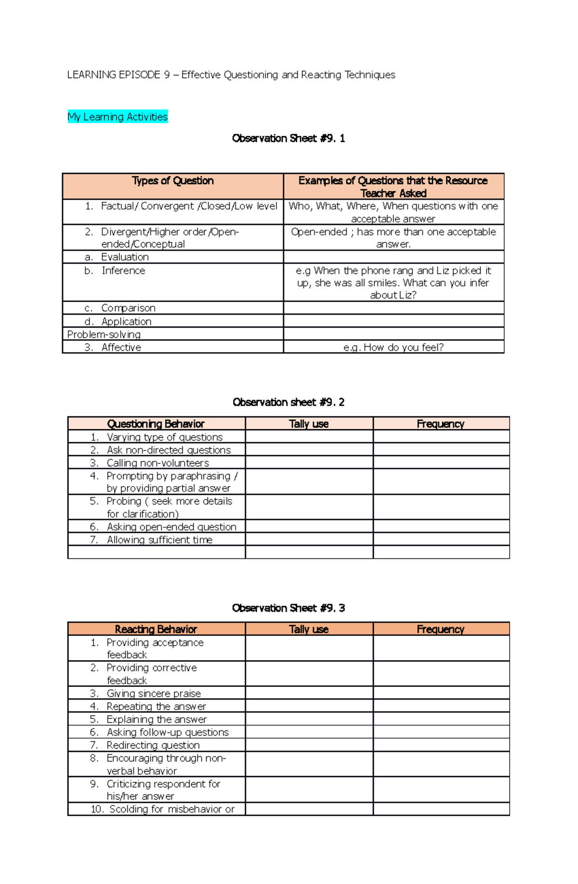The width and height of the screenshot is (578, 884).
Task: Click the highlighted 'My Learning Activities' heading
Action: tap(118, 117)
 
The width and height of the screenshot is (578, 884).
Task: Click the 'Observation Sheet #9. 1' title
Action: tap(288, 139)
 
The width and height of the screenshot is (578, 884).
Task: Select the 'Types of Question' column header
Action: tap(172, 181)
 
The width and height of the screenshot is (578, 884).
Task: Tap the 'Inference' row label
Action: tap(123, 271)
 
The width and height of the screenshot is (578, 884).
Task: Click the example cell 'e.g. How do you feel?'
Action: tap(393, 347)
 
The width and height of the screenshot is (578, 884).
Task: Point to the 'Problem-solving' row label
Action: tap(104, 334)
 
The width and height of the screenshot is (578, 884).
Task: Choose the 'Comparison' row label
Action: tap(128, 308)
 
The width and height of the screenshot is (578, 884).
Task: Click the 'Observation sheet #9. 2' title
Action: tap(288, 402)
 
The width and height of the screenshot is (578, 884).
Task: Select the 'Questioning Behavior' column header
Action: tap(156, 424)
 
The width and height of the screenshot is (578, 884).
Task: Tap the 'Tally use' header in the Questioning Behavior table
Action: tap(309, 424)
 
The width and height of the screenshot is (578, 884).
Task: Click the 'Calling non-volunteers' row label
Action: tap(158, 463)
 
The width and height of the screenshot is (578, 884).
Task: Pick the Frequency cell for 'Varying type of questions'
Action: tap(441, 437)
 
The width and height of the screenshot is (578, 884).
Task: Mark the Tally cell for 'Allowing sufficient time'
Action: tap(309, 540)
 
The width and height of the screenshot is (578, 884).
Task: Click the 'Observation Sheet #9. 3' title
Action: tap(288, 608)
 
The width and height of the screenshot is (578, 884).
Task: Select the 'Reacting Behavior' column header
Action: tap(156, 629)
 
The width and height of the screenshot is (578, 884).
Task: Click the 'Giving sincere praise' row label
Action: tap(154, 694)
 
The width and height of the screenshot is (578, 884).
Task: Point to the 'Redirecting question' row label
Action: tap(153, 745)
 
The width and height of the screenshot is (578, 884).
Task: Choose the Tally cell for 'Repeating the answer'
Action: tap(309, 706)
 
